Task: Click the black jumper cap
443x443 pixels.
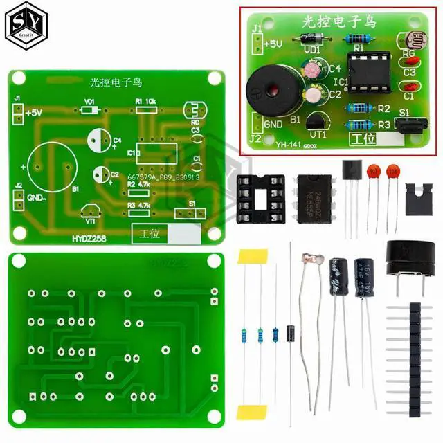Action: click(x=415, y=196)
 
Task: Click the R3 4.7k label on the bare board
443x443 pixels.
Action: click(x=139, y=206)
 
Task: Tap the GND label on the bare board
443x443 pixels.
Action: click(x=35, y=197)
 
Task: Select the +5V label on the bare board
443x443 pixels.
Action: click(x=35, y=112)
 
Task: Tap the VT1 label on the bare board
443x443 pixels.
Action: click(x=91, y=222)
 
